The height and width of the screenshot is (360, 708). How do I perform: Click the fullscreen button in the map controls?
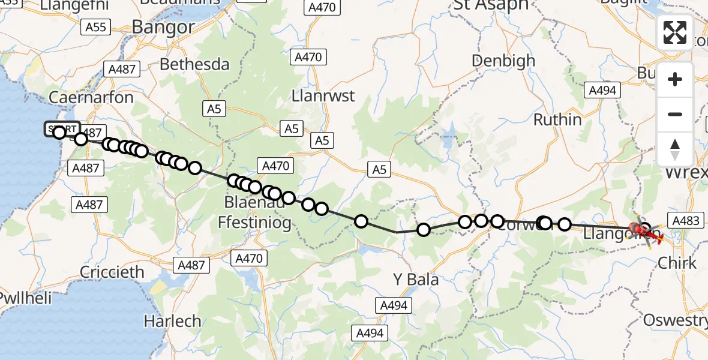(x=675, y=32)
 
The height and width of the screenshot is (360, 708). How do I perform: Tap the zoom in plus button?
(x=675, y=79)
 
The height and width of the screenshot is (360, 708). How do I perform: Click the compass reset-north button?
(x=675, y=149)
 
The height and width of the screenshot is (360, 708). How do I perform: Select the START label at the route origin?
(x=62, y=130)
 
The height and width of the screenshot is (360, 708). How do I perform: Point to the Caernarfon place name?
(x=91, y=97)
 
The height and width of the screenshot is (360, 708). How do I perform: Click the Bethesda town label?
(x=195, y=64)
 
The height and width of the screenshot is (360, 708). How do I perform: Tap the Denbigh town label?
(x=503, y=61)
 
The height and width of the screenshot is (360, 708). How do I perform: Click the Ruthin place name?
(x=557, y=119)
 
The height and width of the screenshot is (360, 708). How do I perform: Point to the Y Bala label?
(x=415, y=280)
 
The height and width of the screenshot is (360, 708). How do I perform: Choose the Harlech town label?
(x=173, y=321)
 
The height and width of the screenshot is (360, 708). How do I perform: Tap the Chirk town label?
(x=677, y=263)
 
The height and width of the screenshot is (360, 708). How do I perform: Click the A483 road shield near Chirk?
(x=686, y=221)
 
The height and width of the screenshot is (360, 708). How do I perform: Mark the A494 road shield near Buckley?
(x=602, y=90)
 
